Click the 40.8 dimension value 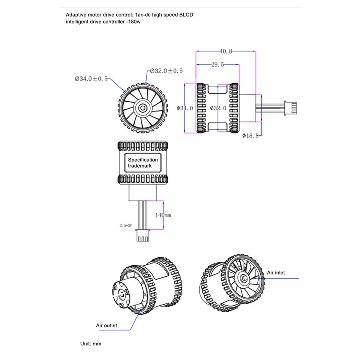coord(226,51)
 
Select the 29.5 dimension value coord(217,64)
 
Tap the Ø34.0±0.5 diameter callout coord(91,79)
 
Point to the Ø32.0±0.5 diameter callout coord(166,71)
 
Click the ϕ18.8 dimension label coord(250,136)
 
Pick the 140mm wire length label coord(163,215)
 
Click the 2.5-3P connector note coord(126,226)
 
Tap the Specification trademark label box coord(142,163)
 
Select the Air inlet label coord(276,273)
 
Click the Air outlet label coord(106,325)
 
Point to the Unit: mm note coord(91,344)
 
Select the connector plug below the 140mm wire coord(142,236)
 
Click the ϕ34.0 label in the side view coord(185,108)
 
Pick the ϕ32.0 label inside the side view coord(218,108)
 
